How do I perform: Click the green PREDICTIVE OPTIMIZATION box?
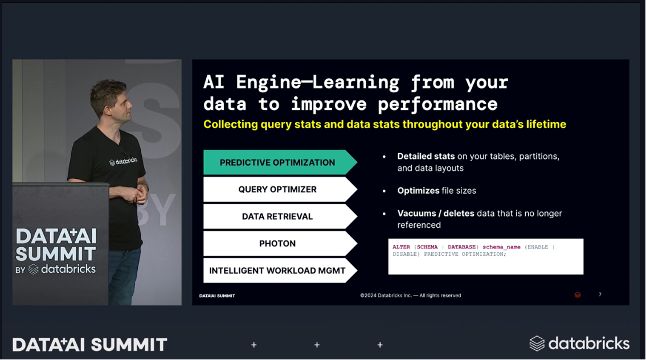click(277, 162)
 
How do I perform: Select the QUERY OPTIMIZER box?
click(277, 189)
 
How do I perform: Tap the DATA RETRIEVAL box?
click(277, 216)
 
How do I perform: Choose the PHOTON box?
click(277, 243)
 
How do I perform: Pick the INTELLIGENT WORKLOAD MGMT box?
click(277, 271)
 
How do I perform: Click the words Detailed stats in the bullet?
click(426, 156)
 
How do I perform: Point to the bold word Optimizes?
click(418, 191)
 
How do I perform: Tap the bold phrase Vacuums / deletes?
click(436, 214)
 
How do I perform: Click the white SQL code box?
click(485, 257)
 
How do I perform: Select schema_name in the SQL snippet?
click(501, 247)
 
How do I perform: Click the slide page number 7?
click(600, 294)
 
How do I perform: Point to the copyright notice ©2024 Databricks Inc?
click(410, 296)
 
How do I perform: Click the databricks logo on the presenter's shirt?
click(123, 162)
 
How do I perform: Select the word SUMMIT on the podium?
click(55, 253)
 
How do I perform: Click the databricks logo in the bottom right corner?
click(579, 343)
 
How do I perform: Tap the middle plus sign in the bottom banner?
click(317, 345)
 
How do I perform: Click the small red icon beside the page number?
click(578, 295)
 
